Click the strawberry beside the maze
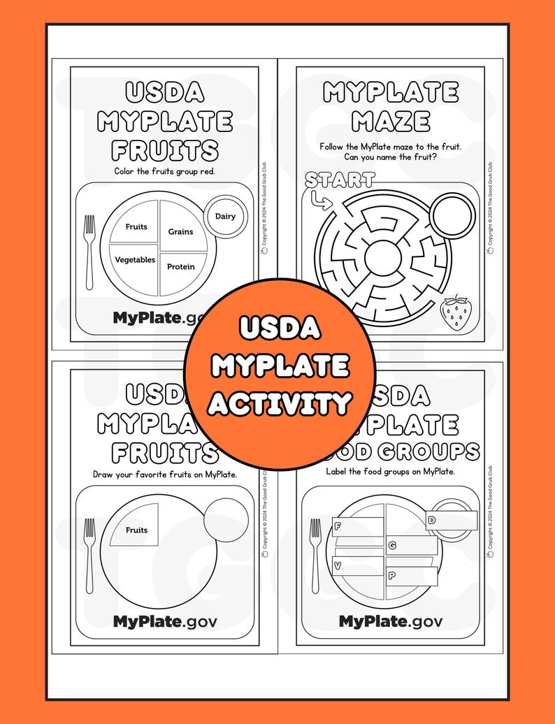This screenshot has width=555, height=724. pyautogui.click(x=456, y=312)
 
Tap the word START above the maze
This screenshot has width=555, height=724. pyautogui.click(x=340, y=180)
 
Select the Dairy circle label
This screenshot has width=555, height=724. pyautogui.click(x=225, y=216)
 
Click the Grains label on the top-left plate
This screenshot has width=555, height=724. pyautogui.click(x=180, y=231)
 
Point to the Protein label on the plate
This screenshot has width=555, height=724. pyautogui.click(x=181, y=266)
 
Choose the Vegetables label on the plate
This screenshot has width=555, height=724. pyautogui.click(x=135, y=259)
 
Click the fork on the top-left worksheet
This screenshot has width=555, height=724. pyautogui.click(x=89, y=252)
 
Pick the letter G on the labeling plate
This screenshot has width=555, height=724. pyautogui.click(x=392, y=544)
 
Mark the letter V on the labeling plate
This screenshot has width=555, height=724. pyautogui.click(x=338, y=565)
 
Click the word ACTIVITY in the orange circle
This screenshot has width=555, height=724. pyautogui.click(x=280, y=403)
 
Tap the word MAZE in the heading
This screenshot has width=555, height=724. pyautogui.click(x=390, y=122)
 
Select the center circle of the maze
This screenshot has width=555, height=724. pyautogui.click(x=382, y=258)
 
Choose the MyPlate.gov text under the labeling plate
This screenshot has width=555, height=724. pyautogui.click(x=390, y=621)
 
